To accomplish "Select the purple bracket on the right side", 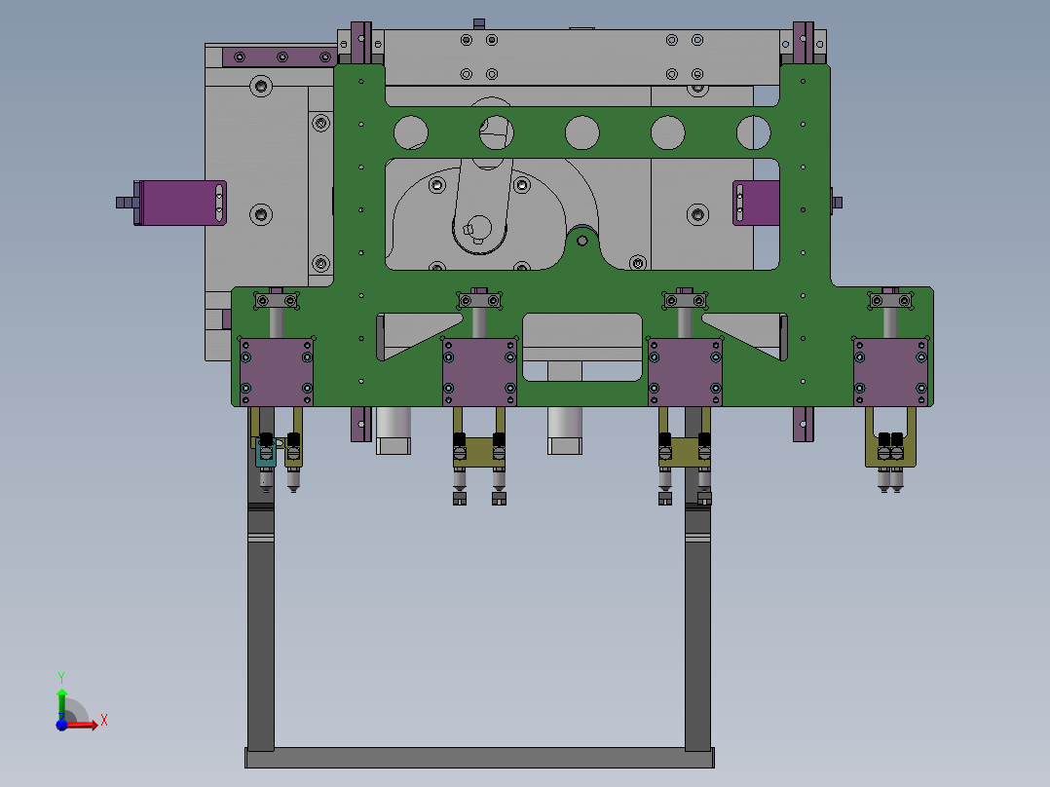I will (756, 203).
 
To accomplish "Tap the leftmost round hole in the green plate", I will (412, 131).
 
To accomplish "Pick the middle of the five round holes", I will (582, 131).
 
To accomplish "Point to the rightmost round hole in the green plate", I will (753, 131).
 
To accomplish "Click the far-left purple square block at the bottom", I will (277, 370).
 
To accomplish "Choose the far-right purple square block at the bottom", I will (890, 370).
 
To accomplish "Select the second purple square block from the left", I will (479, 370).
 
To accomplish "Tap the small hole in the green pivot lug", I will (582, 239).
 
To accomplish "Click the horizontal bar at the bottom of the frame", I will (479, 758).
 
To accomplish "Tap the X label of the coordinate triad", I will (103, 721).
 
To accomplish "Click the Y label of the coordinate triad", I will (60, 676).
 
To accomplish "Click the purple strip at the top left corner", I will (278, 56).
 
